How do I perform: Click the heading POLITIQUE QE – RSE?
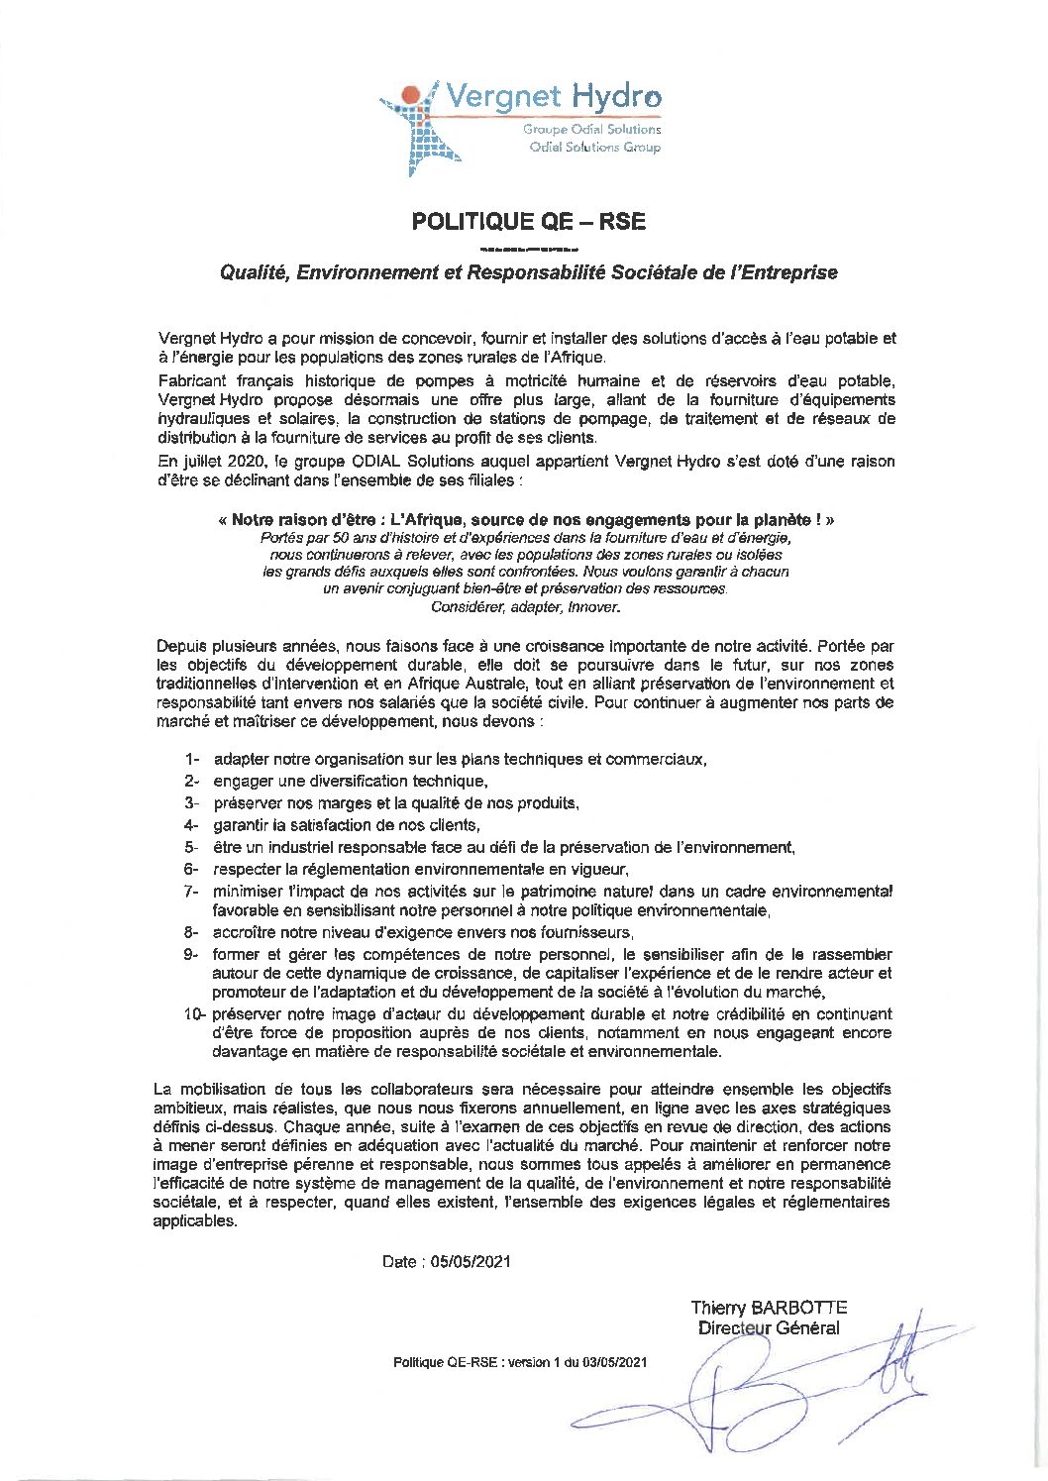pos(528,222)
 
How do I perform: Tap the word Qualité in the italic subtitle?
pos(253,272)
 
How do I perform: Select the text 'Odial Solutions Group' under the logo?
pos(594,148)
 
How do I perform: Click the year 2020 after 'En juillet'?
pos(245,462)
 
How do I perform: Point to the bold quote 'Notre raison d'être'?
pos(301,519)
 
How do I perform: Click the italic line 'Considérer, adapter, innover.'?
pos(526,607)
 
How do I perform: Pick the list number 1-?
pos(191,760)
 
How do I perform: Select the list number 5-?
pos(191,848)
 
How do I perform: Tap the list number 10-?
pos(193,1014)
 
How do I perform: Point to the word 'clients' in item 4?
pos(455,825)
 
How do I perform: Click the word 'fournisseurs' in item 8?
pos(584,933)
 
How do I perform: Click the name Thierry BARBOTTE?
pos(769,1308)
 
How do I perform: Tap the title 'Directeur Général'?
pos(769,1328)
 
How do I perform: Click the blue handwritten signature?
pos(753,1387)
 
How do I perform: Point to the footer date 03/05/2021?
pos(615,1363)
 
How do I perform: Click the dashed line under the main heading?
pos(528,248)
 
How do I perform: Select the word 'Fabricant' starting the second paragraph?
pos(192,381)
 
